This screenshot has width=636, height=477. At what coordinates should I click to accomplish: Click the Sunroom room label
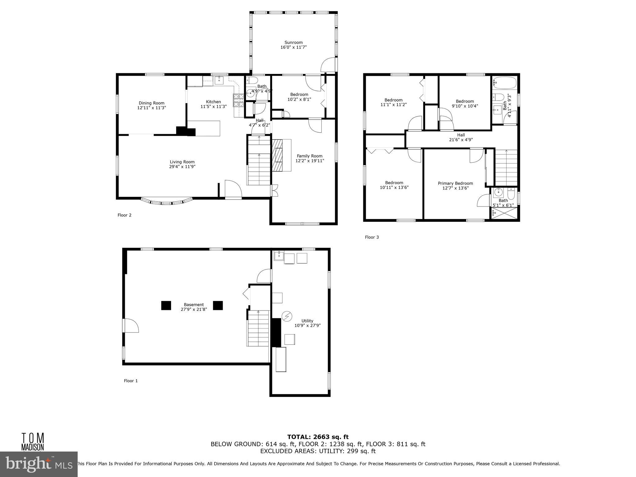(293, 43)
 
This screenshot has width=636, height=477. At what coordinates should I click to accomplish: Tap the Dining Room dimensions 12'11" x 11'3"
(152, 108)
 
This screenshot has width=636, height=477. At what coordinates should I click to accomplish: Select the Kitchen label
(213, 102)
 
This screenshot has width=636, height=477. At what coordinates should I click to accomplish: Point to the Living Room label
(182, 162)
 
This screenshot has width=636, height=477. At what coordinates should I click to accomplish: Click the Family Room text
(309, 156)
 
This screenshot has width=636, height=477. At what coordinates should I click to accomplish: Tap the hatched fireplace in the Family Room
(278, 155)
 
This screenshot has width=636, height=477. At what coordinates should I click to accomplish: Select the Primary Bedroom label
(455, 183)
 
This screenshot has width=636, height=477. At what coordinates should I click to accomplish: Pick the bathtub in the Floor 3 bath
(505, 83)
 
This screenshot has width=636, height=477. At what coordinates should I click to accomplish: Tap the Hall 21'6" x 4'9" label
(461, 137)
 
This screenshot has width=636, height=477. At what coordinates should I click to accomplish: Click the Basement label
(194, 305)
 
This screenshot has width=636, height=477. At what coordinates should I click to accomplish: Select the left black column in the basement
(166, 305)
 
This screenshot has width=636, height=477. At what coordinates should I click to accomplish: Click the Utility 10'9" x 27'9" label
(307, 323)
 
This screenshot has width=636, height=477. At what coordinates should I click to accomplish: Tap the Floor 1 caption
(131, 381)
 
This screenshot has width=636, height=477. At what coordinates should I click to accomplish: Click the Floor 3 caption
(372, 237)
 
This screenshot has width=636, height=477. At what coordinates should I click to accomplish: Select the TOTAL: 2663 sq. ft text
(318, 437)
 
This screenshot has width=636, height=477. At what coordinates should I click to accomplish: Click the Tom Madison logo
(32, 441)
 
